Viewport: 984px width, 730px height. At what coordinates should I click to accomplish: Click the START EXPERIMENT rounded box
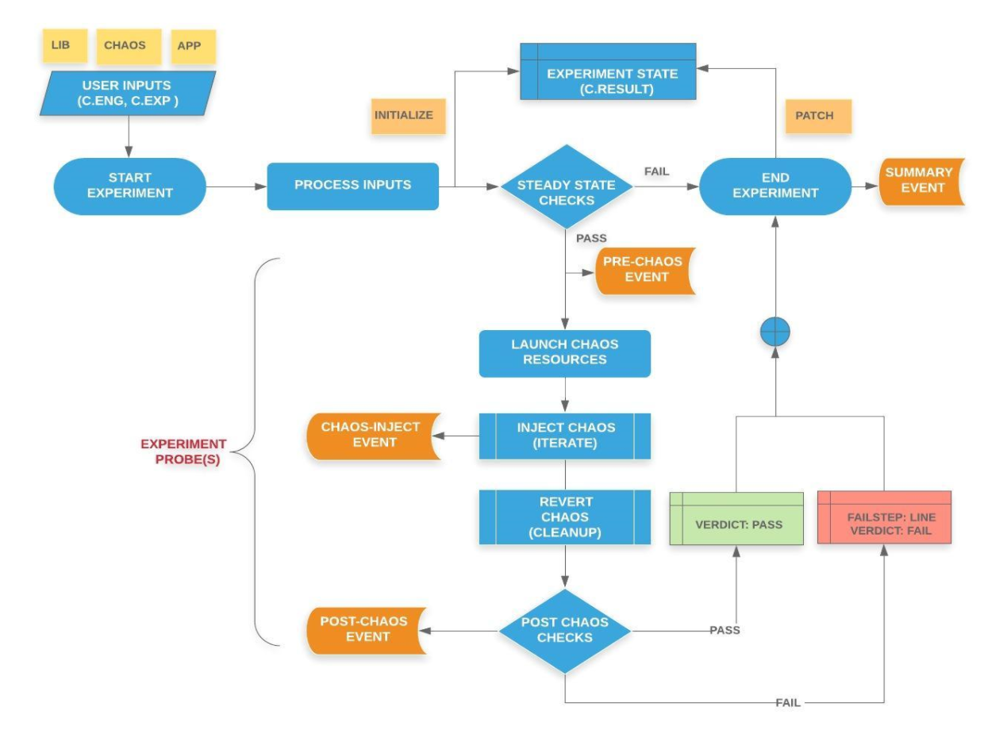tap(129, 186)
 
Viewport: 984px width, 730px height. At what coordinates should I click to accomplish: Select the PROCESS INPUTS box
tap(352, 186)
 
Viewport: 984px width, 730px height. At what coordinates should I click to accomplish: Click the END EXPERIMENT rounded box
tap(774, 186)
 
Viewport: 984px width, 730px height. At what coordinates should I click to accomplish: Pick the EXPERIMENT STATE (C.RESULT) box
tap(608, 81)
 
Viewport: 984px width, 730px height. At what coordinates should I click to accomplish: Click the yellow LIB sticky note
tap(60, 46)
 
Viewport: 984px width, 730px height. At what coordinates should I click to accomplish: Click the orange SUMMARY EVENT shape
tap(921, 181)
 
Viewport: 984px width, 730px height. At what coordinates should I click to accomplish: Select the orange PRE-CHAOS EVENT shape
tap(644, 271)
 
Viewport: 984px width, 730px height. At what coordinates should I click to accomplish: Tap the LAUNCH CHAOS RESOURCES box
tap(564, 353)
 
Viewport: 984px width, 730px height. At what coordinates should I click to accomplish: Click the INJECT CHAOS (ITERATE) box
tap(564, 436)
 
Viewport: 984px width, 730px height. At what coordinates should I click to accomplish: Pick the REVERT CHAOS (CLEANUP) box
tap(564, 517)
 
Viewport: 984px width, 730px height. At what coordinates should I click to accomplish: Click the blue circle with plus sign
tap(775, 332)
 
